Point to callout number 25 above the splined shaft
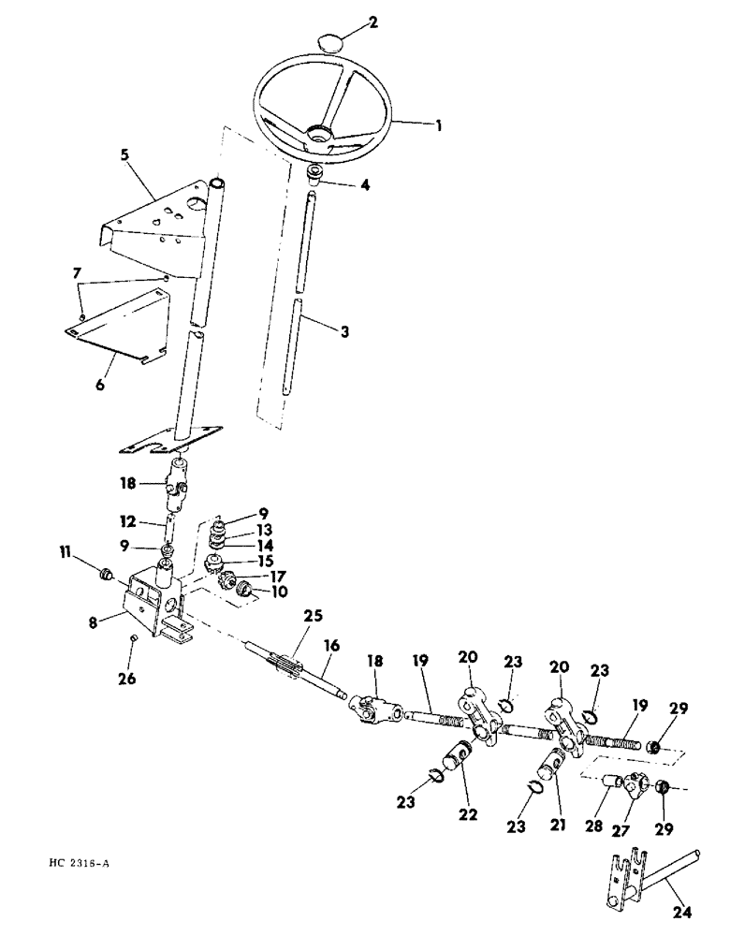(313, 615)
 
